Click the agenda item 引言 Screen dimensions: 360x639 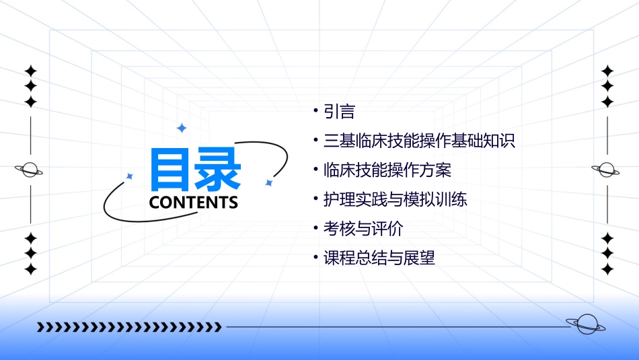point(339,112)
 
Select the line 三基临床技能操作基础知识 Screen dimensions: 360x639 point(418,141)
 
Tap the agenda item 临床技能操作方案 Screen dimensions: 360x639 point(387,170)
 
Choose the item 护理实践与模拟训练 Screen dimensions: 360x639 point(395,200)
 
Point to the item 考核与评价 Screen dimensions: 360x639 point(363,229)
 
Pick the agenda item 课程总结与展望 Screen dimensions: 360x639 point(379,258)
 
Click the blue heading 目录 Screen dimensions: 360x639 point(195,170)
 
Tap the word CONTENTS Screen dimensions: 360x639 point(194,203)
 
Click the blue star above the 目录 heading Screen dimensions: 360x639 point(181,128)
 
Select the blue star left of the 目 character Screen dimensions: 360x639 point(130,176)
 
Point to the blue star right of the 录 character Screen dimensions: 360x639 point(268,182)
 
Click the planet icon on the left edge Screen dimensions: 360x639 point(30,170)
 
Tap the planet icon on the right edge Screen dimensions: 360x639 point(607,170)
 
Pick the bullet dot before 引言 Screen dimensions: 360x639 point(315,110)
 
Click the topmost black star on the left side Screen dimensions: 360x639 point(30,71)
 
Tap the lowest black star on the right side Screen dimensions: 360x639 point(607,269)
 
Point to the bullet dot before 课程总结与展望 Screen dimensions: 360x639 point(315,257)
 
